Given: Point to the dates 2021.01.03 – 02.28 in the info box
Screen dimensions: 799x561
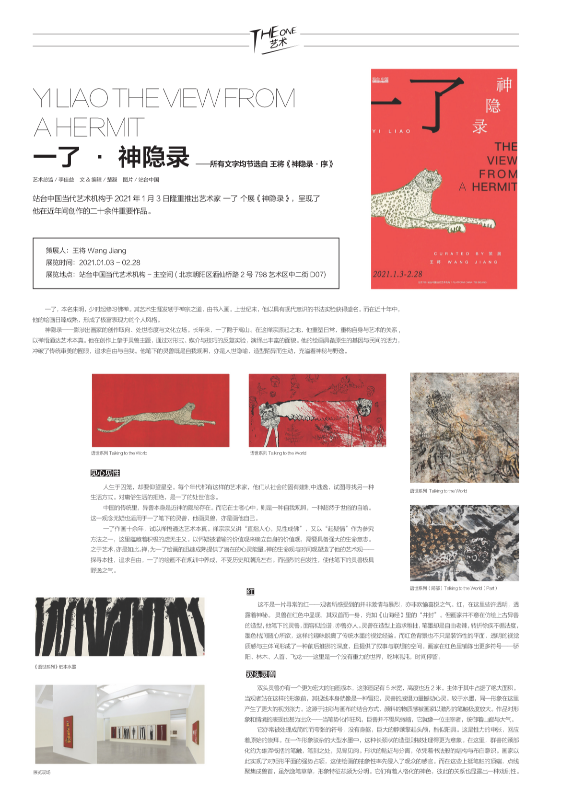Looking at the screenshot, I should point(109,262).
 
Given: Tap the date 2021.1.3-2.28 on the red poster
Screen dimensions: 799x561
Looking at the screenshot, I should point(397,274).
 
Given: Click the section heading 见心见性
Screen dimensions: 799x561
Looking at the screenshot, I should point(105,473).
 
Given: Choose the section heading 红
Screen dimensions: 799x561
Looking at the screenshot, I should point(250,591).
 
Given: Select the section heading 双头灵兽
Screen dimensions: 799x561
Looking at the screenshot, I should point(260,674).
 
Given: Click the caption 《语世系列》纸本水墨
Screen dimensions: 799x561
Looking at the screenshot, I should point(55,667).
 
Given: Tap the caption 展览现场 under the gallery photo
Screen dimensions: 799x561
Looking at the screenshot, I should point(42,772).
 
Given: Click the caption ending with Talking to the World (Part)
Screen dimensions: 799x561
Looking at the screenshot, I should point(453,588).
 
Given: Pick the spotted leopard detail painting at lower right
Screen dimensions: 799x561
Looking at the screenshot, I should point(464,543).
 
